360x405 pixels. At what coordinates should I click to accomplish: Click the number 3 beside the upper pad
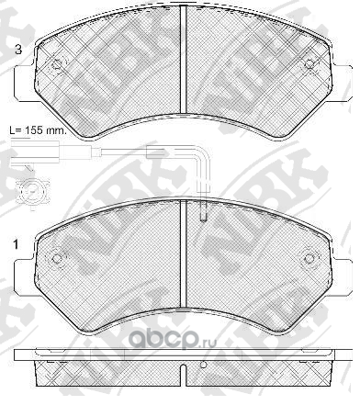point(18,50)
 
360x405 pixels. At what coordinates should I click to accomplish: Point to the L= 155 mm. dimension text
point(38,130)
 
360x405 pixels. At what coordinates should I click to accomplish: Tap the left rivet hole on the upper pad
point(57,64)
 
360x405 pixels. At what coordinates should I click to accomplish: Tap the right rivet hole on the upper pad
point(309,64)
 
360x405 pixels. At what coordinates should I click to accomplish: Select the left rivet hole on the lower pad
point(57,259)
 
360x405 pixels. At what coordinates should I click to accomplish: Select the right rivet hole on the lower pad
point(309,259)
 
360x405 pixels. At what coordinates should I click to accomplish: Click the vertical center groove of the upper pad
point(183,59)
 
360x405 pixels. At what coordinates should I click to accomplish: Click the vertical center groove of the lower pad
point(183,254)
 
